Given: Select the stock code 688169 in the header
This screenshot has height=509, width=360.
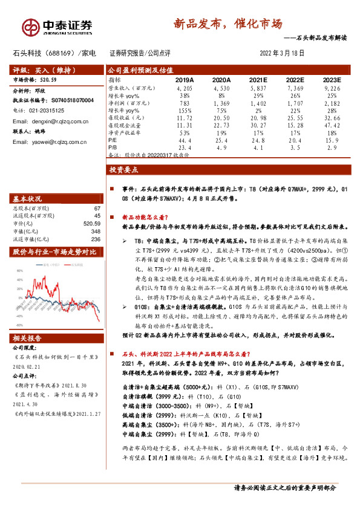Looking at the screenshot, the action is click(63, 53).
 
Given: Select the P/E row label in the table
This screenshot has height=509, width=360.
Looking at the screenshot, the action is click(113, 138).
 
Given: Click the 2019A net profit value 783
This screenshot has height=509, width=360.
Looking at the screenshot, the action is click(185, 104).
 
